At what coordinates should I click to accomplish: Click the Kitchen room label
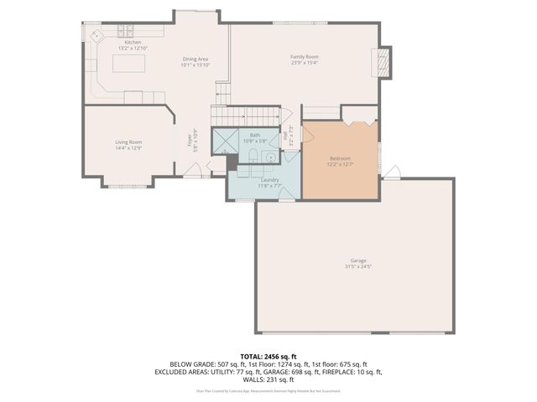pyautogui.click(x=133, y=42)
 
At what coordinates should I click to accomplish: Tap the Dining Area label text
pyautogui.click(x=196, y=59)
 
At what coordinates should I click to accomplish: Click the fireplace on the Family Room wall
pyautogui.click(x=383, y=62)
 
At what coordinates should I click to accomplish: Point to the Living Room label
pyautogui.click(x=128, y=142)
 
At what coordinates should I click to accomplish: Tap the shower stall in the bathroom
pyautogui.click(x=223, y=141)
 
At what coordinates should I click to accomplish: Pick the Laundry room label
pyautogui.click(x=269, y=179)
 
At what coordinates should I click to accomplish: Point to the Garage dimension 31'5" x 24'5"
pyautogui.click(x=357, y=266)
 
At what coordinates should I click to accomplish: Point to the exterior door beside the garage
pyautogui.click(x=392, y=173)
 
